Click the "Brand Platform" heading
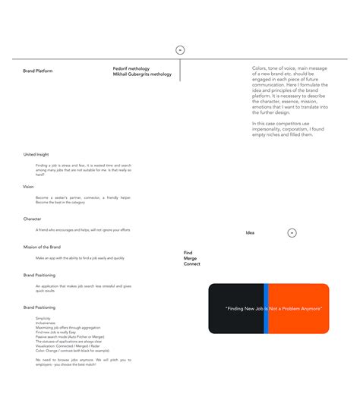coord(38,71)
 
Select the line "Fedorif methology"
coord(131,68)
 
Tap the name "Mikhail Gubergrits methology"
coord(142,74)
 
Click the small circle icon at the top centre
coord(180,50)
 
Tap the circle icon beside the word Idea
coord(292,233)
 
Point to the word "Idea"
coord(250,233)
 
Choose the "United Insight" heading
coord(36,154)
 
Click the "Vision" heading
coord(28,186)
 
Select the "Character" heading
coord(32,219)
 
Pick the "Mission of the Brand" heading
coord(42,247)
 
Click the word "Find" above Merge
coord(188,252)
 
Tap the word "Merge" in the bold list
coord(190,258)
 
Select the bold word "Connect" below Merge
coord(192,264)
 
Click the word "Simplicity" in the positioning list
coord(43,318)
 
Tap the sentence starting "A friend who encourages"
coord(83,229)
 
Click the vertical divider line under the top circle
coord(180,70)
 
